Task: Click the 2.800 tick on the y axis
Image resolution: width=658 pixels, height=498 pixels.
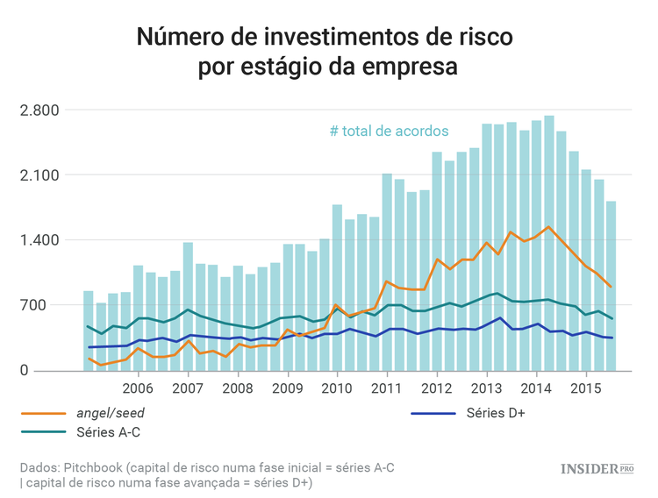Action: click(x=40, y=110)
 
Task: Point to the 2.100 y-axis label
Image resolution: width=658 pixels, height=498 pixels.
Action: click(x=40, y=175)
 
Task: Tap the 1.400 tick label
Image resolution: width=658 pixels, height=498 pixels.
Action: click(x=40, y=240)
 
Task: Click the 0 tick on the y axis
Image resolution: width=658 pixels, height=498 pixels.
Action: click(x=54, y=371)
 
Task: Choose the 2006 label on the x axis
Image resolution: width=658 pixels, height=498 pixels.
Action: click(x=138, y=388)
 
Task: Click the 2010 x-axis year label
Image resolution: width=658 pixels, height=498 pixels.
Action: click(x=337, y=388)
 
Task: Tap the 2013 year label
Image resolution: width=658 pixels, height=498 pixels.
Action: click(x=486, y=388)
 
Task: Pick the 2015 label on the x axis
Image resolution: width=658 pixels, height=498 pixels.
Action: click(x=585, y=388)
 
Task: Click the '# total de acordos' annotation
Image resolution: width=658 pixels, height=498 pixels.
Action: click(x=389, y=131)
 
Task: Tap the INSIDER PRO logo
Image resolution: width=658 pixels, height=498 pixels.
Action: click(x=597, y=469)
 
